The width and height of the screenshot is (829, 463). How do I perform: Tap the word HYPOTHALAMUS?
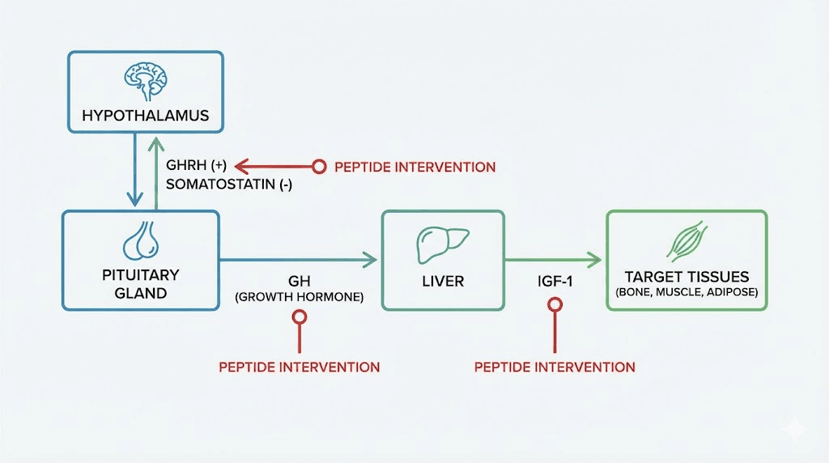145,116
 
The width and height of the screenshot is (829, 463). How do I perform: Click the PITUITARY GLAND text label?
141,283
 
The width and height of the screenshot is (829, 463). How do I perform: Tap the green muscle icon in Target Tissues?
686,240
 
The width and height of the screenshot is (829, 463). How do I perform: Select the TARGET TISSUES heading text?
686,276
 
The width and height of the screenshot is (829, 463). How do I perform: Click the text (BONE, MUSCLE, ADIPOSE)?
686,292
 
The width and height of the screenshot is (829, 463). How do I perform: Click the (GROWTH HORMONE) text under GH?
299,297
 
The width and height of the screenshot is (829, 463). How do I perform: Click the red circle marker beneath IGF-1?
555,305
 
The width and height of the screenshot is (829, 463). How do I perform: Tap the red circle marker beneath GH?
299,317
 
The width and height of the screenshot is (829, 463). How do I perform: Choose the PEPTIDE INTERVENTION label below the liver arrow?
555,367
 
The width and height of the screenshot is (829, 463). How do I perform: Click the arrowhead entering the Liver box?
371,259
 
